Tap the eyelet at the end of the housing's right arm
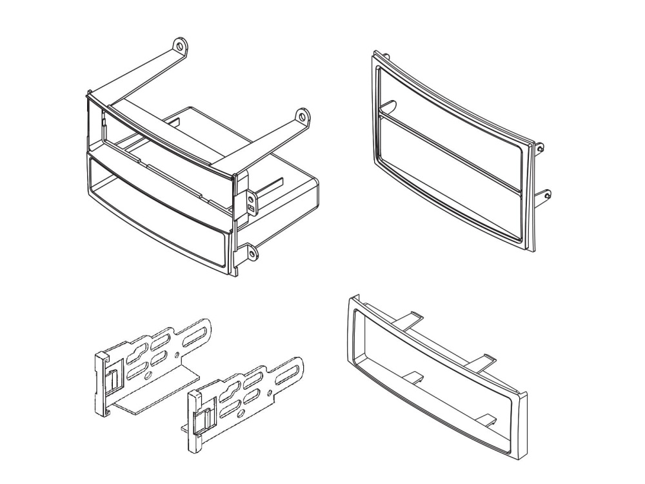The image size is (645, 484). click(x=301, y=117)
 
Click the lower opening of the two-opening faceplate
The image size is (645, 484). click(x=451, y=184)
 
